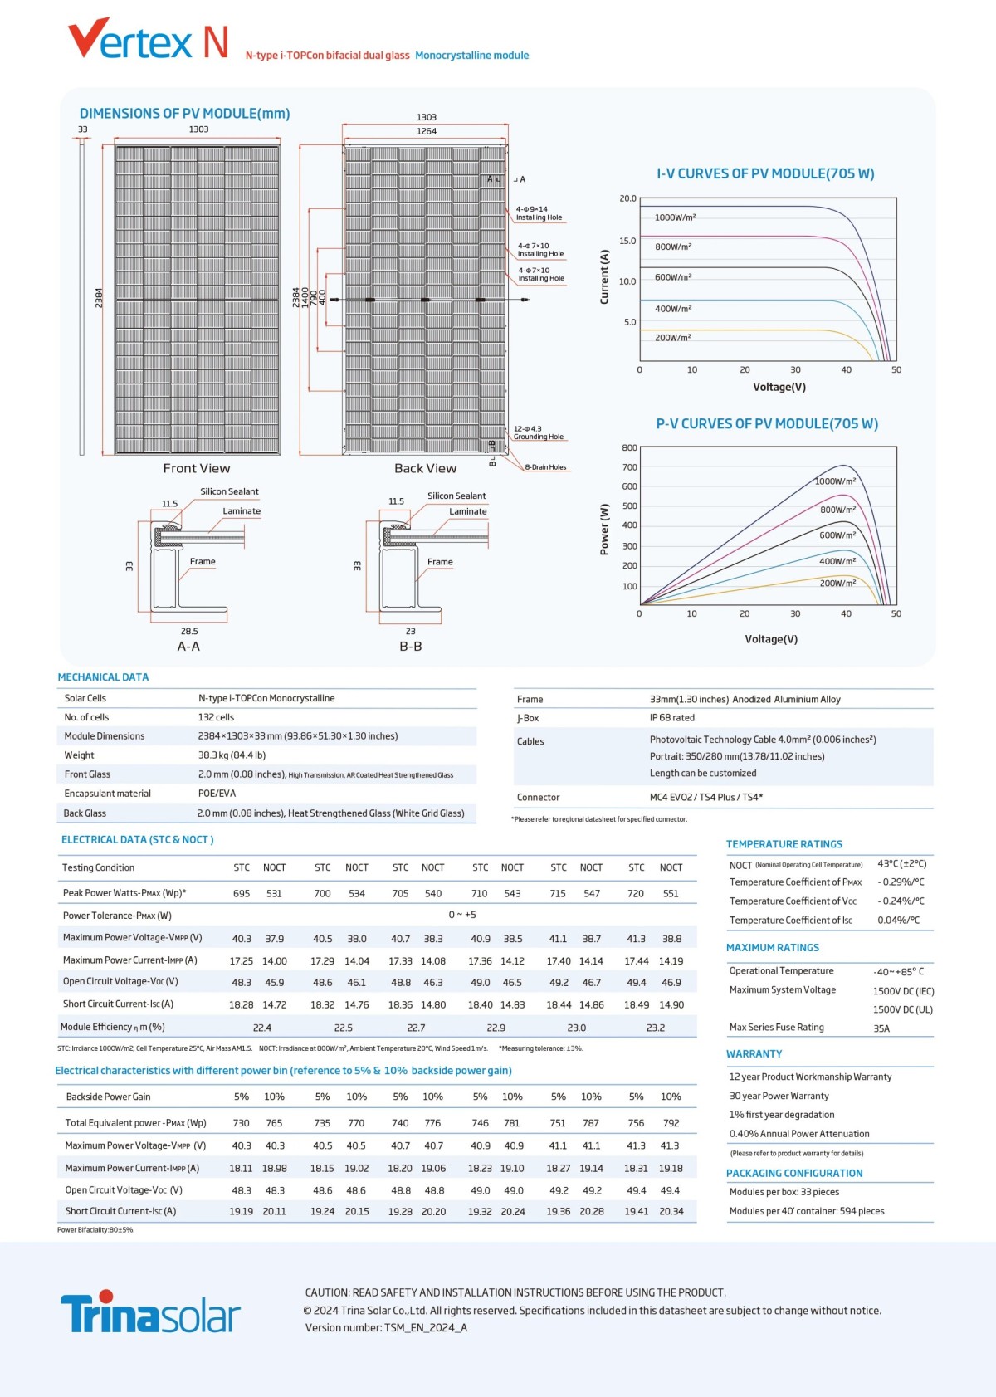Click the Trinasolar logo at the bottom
tap(150, 1312)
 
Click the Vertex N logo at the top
tap(148, 40)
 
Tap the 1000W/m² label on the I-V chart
tap(675, 217)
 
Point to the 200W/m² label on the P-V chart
tap(837, 584)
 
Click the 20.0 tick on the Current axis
tap(627, 198)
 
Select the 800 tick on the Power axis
tap(629, 448)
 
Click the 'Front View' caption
tap(197, 468)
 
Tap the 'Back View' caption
tap(425, 468)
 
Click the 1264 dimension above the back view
tap(427, 131)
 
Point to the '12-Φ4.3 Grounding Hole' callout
tap(538, 432)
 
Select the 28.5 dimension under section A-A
tap(189, 631)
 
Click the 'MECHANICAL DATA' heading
tap(103, 677)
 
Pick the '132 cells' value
tap(216, 717)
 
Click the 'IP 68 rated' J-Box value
tap(672, 718)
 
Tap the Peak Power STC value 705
tap(400, 894)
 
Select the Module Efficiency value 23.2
tap(655, 1028)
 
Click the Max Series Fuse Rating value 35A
tap(881, 1028)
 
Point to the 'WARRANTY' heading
tap(754, 1054)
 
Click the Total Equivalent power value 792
tap(671, 1123)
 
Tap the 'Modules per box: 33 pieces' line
tap(784, 1192)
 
